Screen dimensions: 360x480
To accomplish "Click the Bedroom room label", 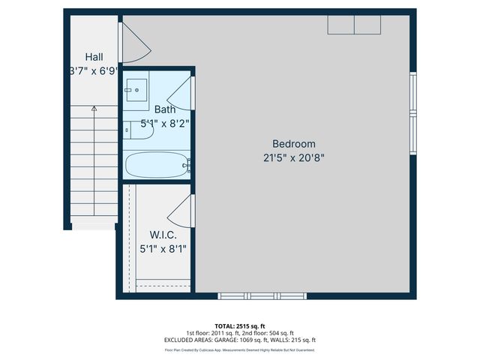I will pyautogui.click(x=293, y=144).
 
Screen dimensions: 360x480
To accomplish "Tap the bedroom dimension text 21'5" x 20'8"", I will pyautogui.click(x=293, y=157).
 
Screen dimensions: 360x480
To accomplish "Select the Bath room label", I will pyautogui.click(x=165, y=109).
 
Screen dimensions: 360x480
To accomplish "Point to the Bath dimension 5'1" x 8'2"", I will pyautogui.click(x=165, y=124).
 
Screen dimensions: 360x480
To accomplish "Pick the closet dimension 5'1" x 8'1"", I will pyautogui.click(x=163, y=247).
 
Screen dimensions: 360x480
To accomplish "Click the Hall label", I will pyautogui.click(x=94, y=57).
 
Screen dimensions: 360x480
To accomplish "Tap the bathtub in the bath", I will pyautogui.click(x=156, y=164).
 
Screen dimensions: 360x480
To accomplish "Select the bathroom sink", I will pyautogui.click(x=136, y=89).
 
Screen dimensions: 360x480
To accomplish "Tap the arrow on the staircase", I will pyautogui.click(x=94, y=109).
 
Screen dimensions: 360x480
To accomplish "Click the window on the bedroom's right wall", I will pyautogui.click(x=412, y=112).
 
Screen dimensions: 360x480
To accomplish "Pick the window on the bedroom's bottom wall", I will pyautogui.click(x=262, y=295).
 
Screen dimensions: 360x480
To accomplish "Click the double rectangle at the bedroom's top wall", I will pyautogui.click(x=354, y=25).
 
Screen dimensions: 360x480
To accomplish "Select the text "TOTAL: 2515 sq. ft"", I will pyautogui.click(x=240, y=325).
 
